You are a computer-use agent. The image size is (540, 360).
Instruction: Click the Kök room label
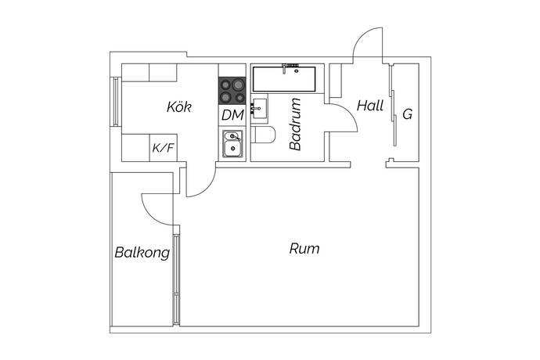[x=179, y=106]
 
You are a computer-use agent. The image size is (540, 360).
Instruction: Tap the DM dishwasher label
[x=232, y=115]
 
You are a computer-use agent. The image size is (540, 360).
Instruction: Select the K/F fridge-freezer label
[x=164, y=148]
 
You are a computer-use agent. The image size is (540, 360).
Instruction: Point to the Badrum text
[x=295, y=124]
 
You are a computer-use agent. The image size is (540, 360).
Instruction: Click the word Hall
[x=370, y=106]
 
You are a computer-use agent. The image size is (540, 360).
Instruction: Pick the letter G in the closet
[x=408, y=114]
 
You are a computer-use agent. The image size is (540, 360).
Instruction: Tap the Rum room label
[x=304, y=248]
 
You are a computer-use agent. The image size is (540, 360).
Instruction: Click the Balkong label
[x=142, y=253]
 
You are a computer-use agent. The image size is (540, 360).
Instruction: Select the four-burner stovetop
[x=232, y=91]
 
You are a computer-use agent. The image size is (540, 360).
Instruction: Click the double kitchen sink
[x=232, y=144]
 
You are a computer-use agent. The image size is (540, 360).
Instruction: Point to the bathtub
[x=284, y=79]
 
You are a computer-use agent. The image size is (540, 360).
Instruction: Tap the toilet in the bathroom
[x=263, y=135]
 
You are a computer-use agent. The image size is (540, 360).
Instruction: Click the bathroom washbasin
[x=259, y=109]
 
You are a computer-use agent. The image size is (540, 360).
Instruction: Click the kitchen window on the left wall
[x=116, y=101]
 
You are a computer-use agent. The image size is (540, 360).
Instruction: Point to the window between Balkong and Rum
[x=176, y=279]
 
